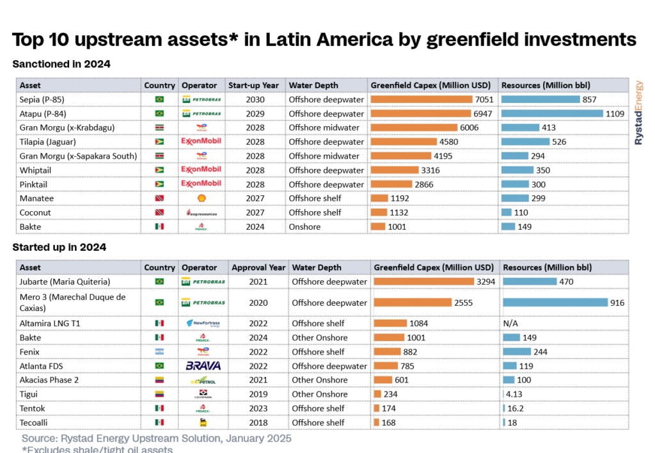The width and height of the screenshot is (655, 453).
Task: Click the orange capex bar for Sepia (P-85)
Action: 422,99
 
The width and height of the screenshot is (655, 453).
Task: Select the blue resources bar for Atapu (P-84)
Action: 552,113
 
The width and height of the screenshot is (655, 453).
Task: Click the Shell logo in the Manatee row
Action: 202,198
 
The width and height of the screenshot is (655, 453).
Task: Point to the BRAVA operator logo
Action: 203,366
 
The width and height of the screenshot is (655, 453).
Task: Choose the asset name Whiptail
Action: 35,170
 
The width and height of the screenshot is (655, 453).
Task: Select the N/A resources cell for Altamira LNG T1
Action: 512,324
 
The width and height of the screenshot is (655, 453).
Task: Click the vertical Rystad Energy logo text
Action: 639,113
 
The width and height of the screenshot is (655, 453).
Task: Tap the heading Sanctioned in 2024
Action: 61,64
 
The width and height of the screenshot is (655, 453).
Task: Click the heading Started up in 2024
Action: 59,247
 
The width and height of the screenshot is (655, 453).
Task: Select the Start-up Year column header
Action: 253,85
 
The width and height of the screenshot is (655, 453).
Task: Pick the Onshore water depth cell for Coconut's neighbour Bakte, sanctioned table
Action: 306,226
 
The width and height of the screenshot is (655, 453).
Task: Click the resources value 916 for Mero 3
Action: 617,303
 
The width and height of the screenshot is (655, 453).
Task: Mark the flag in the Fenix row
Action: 159,352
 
